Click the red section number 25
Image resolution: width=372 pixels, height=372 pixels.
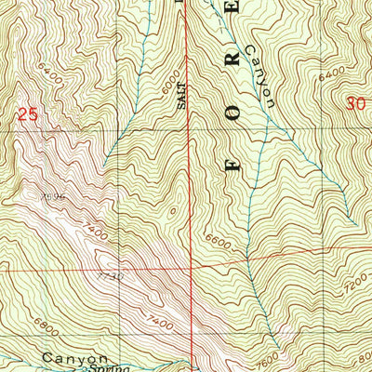28,114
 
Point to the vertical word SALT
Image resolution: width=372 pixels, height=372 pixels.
183,96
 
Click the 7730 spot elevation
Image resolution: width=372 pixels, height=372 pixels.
109,276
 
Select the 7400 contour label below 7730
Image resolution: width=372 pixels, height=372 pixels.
160,320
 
